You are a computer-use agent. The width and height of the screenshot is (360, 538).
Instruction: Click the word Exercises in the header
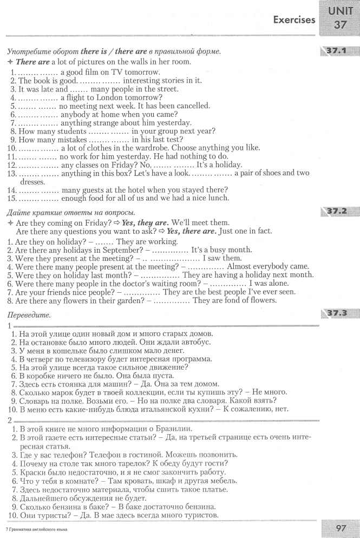[294, 20]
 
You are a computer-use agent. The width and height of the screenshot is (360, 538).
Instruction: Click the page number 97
[341, 527]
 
